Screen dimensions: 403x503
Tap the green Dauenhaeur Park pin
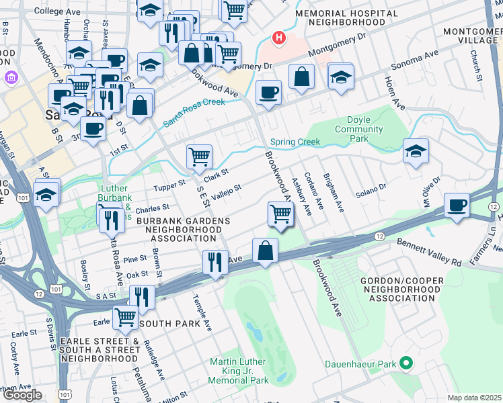tap(405, 364)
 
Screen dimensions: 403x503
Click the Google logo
tap(22, 395)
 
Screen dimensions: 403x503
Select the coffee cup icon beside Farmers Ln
tap(457, 205)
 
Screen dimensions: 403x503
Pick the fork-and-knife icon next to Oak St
tap(215, 261)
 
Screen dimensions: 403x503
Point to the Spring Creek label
tap(295, 142)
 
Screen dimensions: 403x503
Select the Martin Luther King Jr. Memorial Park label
tap(239, 371)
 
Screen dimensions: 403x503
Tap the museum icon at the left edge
tap(10, 78)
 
